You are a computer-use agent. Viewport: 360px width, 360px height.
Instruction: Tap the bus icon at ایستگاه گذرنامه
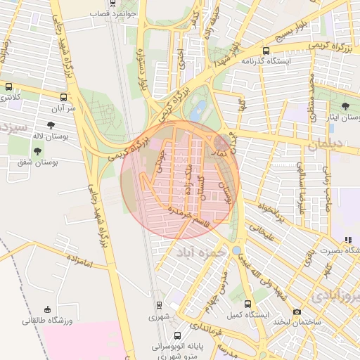click(265, 51)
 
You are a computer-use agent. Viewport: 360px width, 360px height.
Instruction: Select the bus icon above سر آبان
click(64, 98)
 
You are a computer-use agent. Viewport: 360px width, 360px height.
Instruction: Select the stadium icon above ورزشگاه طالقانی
click(47, 309)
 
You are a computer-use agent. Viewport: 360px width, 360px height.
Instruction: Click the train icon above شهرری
click(159, 305)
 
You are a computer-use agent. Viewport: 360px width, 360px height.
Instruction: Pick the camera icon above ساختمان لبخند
click(297, 311)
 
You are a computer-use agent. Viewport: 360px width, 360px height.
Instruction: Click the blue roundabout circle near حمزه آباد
click(236, 250)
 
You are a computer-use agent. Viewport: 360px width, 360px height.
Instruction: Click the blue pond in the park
click(200, 109)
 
